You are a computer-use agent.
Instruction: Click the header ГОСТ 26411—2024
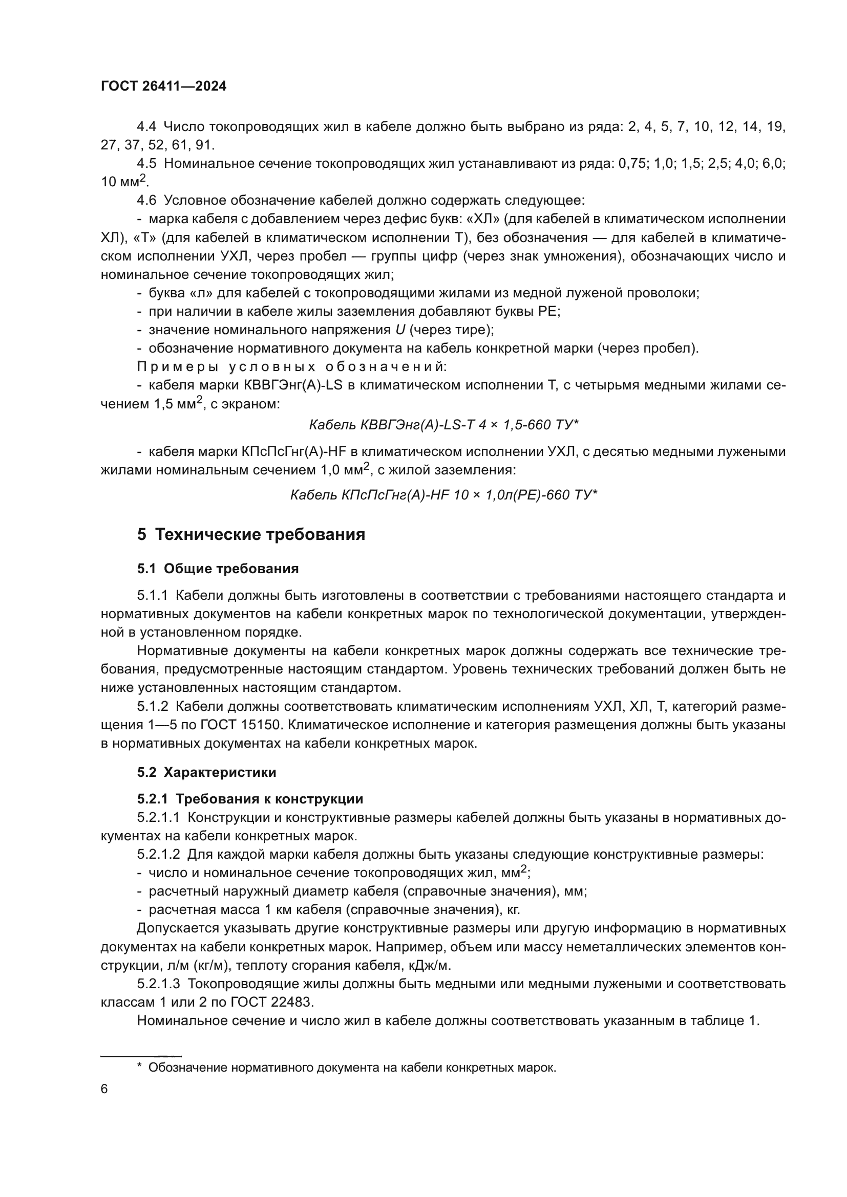pyautogui.click(x=163, y=86)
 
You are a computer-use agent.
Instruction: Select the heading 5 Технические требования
pyautogui.click(x=251, y=535)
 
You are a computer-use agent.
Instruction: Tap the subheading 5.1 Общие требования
pyautogui.click(x=218, y=569)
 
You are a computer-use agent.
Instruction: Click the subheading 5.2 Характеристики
pyautogui.click(x=206, y=773)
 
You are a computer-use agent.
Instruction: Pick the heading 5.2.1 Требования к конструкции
pyautogui.click(x=250, y=799)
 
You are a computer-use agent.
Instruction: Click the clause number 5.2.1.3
pyautogui.click(x=159, y=984)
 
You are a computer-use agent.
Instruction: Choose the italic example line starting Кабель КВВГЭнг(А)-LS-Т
pyautogui.click(x=443, y=425)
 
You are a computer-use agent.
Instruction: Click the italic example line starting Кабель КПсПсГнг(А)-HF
pyautogui.click(x=443, y=495)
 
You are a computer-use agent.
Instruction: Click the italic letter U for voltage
pyautogui.click(x=400, y=330)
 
